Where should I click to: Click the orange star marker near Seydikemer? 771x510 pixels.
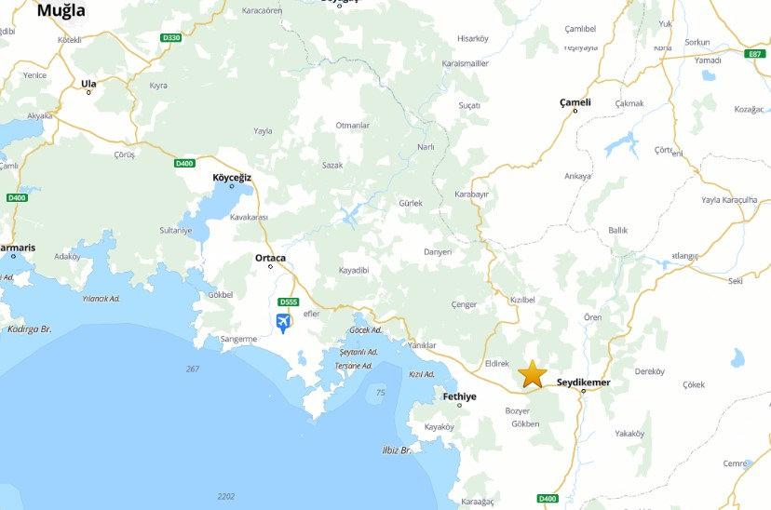coord(532,374)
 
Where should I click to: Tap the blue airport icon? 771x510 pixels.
coord(283,323)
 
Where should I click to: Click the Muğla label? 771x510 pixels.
coord(61,11)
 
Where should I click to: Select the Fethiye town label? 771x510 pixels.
coord(460,396)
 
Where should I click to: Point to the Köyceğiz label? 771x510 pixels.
coord(233,176)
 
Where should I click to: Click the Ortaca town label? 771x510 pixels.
coord(270,258)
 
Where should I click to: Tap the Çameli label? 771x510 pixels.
coord(575,101)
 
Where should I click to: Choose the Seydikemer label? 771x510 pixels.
coord(584,382)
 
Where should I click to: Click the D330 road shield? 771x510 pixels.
coord(170,37)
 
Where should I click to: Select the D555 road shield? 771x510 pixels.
coord(288,302)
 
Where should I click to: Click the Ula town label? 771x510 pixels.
coord(88,84)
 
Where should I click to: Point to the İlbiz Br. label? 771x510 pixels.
coord(396,450)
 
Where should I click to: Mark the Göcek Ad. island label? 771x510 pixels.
coord(366,330)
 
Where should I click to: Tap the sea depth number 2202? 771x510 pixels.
coord(225,496)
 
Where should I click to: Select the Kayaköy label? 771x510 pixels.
coord(439,427)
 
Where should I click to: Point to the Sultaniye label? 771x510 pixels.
coord(175,230)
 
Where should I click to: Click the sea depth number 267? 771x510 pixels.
coord(193,369)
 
